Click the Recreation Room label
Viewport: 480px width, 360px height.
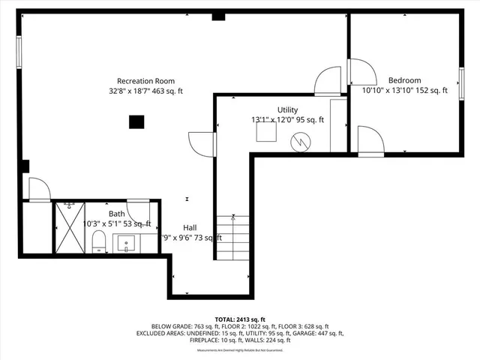145,81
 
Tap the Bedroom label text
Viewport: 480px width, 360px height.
404,80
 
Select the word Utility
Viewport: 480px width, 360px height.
287,109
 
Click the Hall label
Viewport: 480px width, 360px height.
190,227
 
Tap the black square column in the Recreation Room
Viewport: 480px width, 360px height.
136,122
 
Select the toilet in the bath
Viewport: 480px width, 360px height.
98,241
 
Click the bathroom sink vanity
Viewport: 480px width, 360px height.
126,243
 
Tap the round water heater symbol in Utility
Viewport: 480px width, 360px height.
299,140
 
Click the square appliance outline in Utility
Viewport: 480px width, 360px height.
265,133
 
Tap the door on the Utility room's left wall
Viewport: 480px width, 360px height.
202,143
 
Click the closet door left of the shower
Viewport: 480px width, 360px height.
38,190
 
